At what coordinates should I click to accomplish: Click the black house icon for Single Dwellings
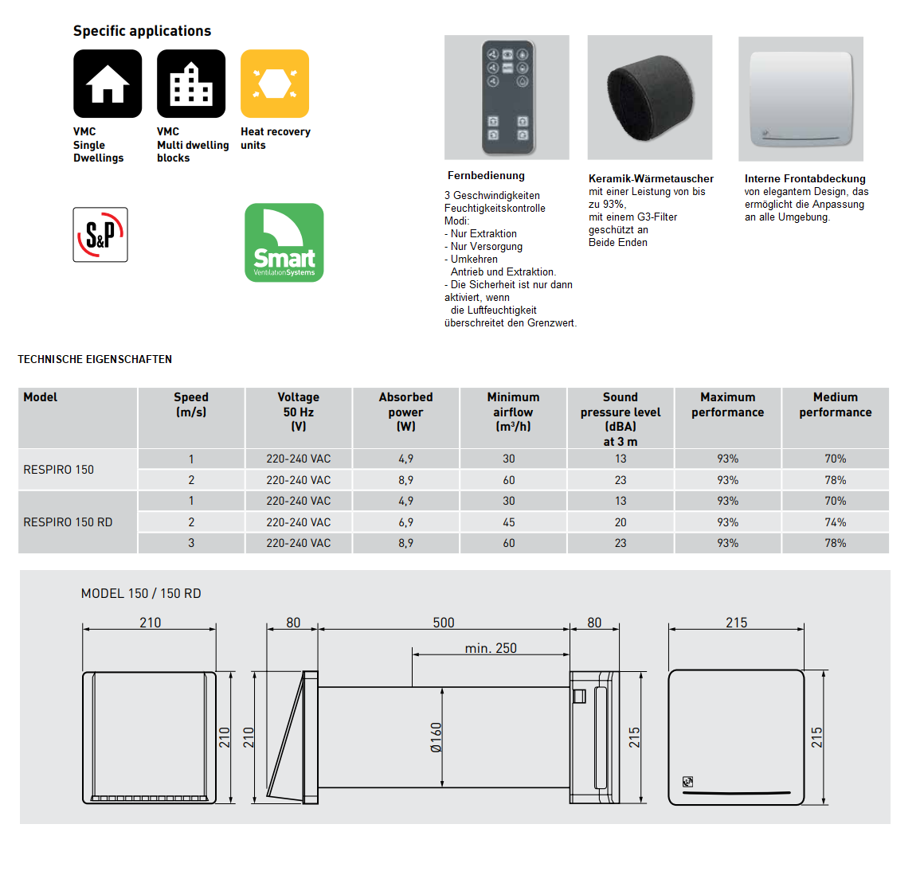[108, 84]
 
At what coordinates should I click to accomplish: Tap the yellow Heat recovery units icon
[275, 84]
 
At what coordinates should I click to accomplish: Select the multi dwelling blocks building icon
[191, 84]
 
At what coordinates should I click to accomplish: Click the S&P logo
[100, 235]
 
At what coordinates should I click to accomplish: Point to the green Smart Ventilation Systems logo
[284, 243]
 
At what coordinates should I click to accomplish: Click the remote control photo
[507, 97]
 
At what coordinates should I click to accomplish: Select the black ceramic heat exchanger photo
[650, 97]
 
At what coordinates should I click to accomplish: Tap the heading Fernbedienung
[486, 176]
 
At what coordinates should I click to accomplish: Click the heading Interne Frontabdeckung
[805, 179]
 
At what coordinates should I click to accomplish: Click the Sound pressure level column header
[621, 419]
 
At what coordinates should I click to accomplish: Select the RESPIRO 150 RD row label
[68, 522]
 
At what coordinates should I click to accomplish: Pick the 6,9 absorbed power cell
[405, 522]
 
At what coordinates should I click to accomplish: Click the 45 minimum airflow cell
[509, 522]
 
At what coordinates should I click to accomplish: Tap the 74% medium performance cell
[835, 522]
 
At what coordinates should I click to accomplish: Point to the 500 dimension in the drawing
[444, 623]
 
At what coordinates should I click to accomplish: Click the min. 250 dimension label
[491, 648]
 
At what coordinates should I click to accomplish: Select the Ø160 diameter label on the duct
[436, 737]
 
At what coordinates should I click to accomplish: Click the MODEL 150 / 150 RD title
[141, 594]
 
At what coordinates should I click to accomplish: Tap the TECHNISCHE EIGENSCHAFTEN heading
[95, 359]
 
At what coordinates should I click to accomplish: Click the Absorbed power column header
[405, 412]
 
